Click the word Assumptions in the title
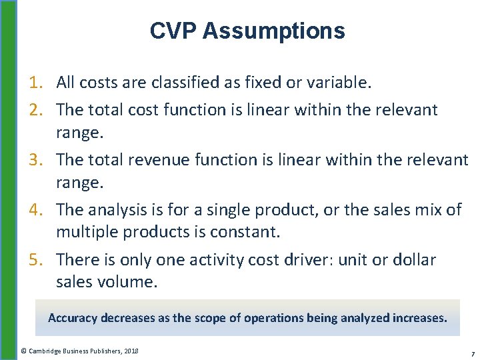click(x=273, y=31)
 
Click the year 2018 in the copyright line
click(x=131, y=351)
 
